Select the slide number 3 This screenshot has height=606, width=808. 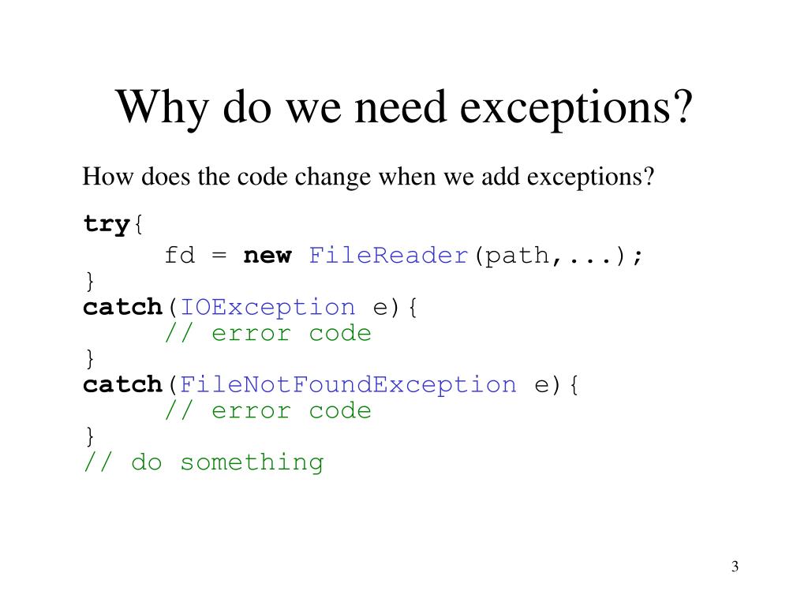coord(735,567)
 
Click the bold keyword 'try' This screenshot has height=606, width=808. coord(106,225)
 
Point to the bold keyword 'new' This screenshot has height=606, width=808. coord(267,256)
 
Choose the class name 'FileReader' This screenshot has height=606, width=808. coord(389,256)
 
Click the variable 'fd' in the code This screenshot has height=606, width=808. coord(179,256)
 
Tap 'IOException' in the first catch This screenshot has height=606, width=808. coord(267,307)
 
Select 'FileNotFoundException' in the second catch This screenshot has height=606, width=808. coord(348,385)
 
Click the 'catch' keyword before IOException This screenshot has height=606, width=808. coord(122,307)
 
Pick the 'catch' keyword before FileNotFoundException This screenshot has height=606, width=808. coord(122,385)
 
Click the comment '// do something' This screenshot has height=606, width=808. coord(204,462)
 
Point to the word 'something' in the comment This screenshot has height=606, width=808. coord(252,462)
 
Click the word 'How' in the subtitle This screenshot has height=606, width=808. coord(100,176)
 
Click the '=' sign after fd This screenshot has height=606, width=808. coord(219,256)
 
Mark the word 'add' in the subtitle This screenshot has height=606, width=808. coord(499,176)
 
